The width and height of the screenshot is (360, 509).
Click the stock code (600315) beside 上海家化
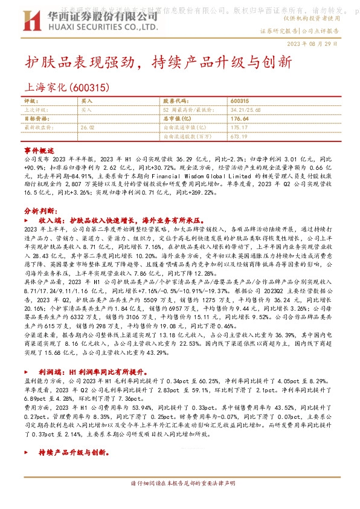tap(90, 88)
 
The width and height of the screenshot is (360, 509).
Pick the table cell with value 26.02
tap(88, 128)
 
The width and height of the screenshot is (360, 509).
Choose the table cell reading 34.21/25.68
tap(246, 110)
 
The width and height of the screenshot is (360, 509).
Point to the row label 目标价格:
tap(36, 119)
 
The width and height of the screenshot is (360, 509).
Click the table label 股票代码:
tap(176, 101)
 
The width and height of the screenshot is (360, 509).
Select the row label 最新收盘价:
tap(35, 128)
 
